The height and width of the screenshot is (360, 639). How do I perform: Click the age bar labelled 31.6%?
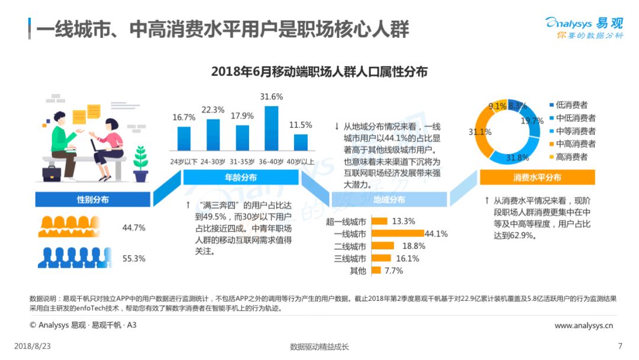point(272,128)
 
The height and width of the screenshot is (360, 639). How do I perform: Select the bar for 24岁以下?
point(184,139)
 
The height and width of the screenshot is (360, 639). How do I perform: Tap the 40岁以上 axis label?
point(301,162)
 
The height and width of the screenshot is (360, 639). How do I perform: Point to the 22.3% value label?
point(213,110)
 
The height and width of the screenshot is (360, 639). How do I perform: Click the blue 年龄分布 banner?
point(241,178)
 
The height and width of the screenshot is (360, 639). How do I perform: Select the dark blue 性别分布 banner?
point(93,200)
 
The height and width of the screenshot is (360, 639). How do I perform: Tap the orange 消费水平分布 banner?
point(537,178)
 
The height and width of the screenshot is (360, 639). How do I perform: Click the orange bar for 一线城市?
point(398,234)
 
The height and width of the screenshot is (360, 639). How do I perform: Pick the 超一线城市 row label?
point(346,222)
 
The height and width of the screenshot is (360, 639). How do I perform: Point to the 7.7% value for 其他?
point(393,271)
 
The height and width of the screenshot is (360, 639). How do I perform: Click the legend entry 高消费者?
point(569,157)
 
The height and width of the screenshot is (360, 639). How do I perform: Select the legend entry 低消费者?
point(569,105)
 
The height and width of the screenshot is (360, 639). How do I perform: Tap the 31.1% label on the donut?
point(480,132)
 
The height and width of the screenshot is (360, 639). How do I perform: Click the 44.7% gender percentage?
point(134,227)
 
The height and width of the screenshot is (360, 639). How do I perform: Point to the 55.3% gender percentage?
point(134,259)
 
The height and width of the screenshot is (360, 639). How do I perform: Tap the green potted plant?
point(141,164)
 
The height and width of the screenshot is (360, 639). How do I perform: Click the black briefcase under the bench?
point(51,173)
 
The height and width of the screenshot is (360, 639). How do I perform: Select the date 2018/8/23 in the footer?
point(33,346)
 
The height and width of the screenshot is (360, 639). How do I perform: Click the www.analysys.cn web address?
point(583,325)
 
